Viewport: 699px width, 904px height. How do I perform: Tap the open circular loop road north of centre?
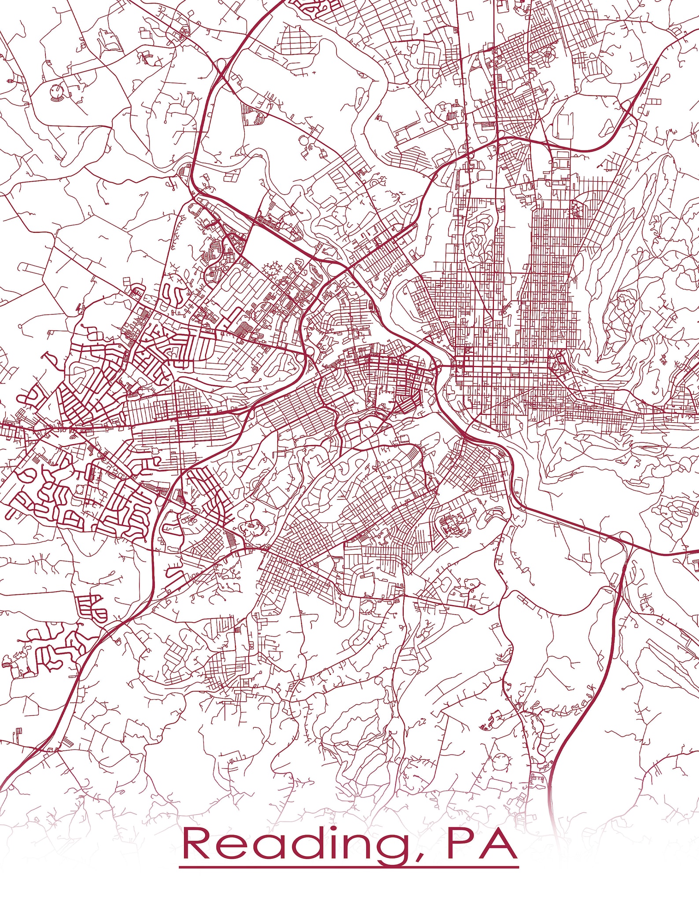click(x=304, y=141)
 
